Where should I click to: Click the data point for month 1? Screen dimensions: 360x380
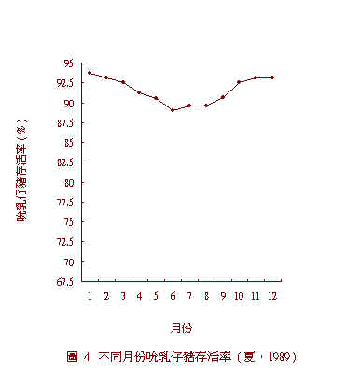pos(90,72)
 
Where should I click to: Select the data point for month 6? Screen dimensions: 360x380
pos(173,110)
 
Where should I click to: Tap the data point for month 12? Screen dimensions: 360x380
pos(272,77)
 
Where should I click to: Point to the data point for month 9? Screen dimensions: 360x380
pos(222,97)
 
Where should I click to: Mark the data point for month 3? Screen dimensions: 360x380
pos(123,82)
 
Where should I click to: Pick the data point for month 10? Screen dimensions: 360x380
pos(239,82)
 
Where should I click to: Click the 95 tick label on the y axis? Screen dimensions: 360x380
pos(69,63)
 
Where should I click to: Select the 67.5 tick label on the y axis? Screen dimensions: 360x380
pos(65,281)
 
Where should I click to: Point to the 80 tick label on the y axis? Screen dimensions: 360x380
pos(69,182)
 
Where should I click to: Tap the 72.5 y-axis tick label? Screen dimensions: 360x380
pos(65,242)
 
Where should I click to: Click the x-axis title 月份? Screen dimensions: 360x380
pos(181,328)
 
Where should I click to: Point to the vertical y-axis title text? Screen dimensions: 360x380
pos(21,173)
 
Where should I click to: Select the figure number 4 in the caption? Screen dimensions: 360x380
pos(87,357)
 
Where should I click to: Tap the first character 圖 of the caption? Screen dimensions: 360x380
pos(72,357)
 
